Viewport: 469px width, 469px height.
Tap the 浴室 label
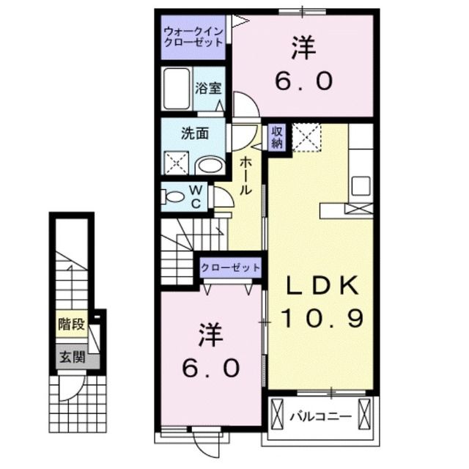[x=209, y=89]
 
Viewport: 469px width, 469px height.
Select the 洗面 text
[x=196, y=133]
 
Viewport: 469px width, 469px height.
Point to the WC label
[x=196, y=196]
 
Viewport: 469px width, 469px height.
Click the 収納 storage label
[x=277, y=137]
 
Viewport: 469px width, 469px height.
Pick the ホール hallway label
[x=246, y=176]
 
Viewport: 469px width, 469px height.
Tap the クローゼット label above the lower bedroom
[x=231, y=267]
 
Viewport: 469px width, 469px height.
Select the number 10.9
[x=320, y=318]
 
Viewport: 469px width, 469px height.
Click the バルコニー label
[x=320, y=418]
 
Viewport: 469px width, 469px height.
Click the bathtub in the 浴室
[x=177, y=89]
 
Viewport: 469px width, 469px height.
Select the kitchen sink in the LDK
[x=361, y=185]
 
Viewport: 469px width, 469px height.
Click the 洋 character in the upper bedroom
[x=303, y=48]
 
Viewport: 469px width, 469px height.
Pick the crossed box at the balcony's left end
[x=276, y=417]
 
